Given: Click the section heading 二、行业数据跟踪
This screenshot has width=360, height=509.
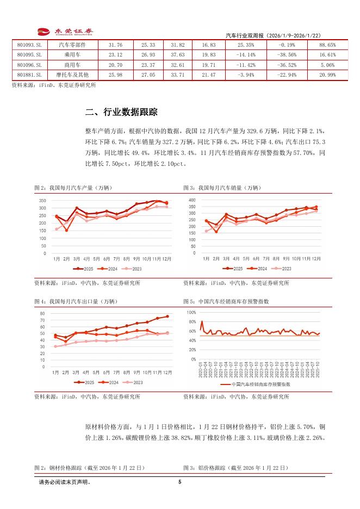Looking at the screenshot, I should pos(121,113).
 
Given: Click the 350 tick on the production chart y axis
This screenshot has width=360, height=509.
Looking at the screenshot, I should pos(42,200).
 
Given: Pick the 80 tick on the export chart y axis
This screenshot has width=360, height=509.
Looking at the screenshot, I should pos(42,314).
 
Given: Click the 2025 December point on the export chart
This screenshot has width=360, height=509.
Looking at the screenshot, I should pos(167,316).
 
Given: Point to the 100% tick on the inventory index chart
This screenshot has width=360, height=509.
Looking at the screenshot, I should pos(191,312).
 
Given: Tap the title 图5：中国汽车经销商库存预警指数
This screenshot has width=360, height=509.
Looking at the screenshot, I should pos(226,301).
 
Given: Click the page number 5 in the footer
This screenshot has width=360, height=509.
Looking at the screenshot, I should pos(179,482).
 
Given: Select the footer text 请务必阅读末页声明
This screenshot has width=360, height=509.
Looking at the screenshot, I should pos(65,482).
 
